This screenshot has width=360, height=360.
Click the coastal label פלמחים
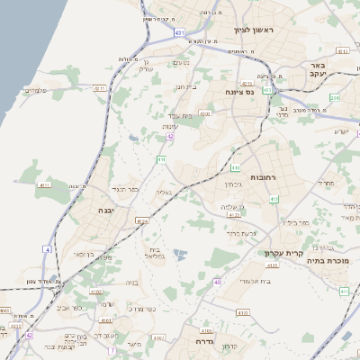pos(35,90)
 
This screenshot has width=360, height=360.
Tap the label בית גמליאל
pos(154,253)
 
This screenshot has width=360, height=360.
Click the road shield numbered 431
pos(179,33)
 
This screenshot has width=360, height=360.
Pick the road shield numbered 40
pos(217,283)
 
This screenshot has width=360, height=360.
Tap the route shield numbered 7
pos(112,349)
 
